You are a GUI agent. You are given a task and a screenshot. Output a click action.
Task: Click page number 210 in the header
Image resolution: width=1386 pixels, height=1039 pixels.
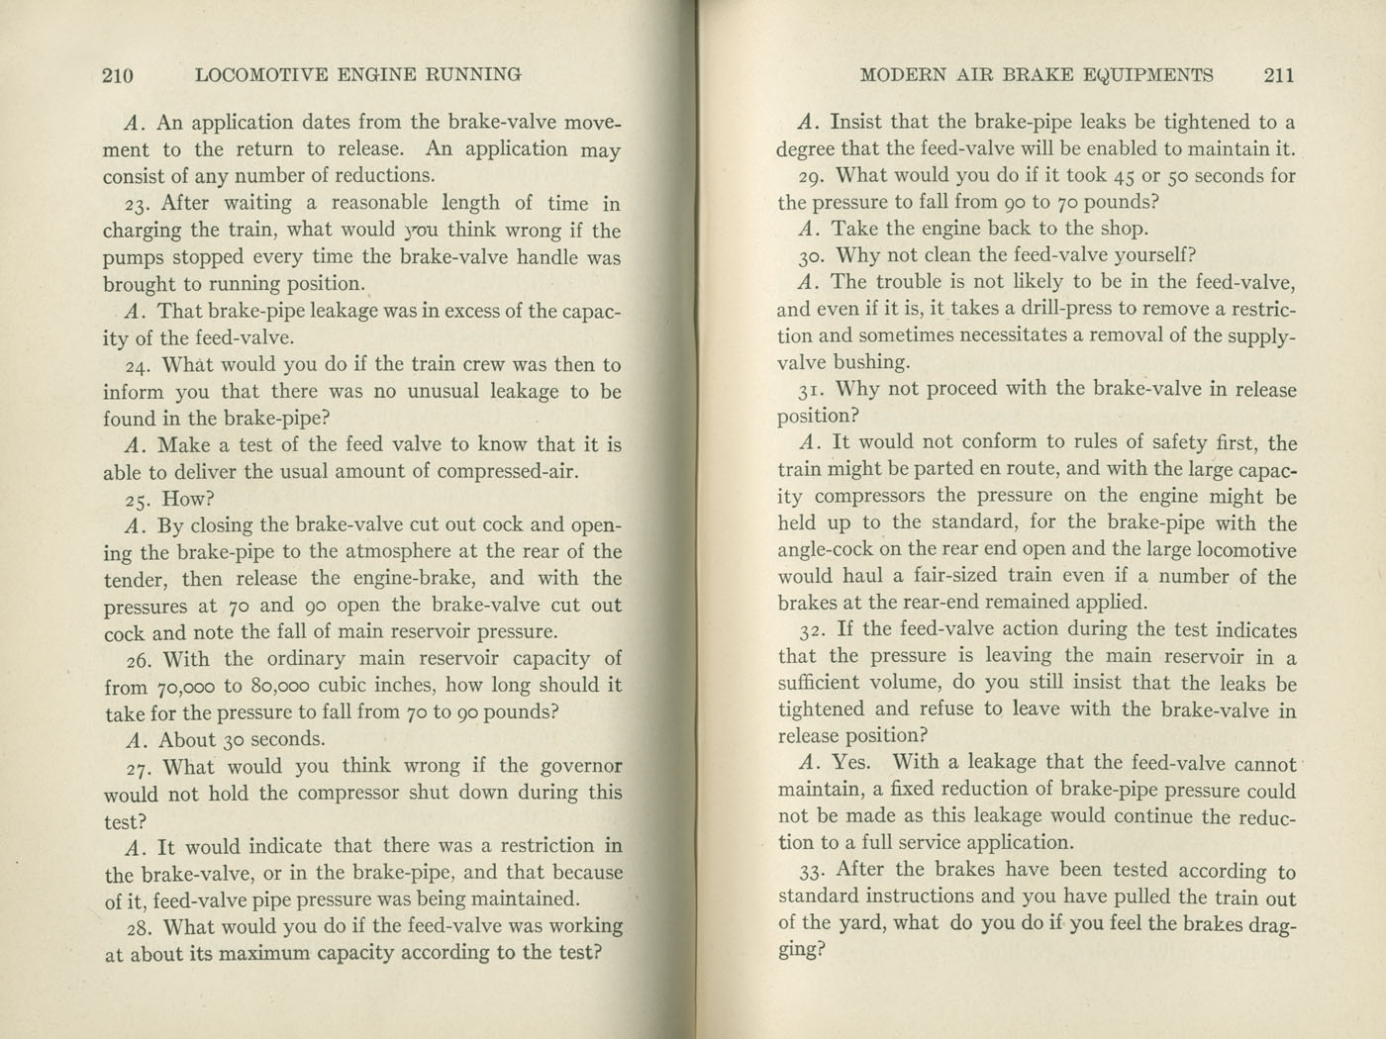(x=118, y=74)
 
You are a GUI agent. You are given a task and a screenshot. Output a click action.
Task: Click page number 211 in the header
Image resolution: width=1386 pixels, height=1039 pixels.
(x=1278, y=74)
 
